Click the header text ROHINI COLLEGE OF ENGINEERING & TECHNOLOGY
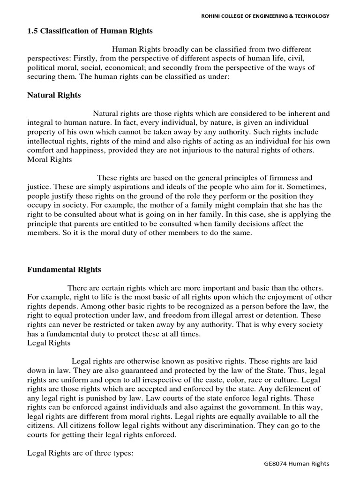(x=265, y=16)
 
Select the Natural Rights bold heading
(x=54, y=95)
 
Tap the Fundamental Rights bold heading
(x=64, y=270)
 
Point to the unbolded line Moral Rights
(x=49, y=159)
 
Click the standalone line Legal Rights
(x=49, y=343)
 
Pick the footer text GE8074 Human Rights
(x=296, y=464)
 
